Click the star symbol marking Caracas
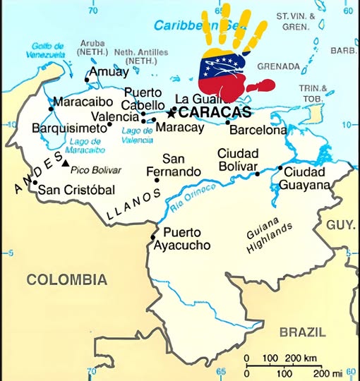(170, 112)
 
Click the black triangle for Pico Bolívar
(66, 164)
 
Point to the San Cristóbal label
(76, 189)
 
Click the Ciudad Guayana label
(304, 179)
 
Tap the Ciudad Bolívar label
(237, 159)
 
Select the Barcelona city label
(258, 130)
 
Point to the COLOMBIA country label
(67, 280)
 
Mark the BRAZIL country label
(302, 332)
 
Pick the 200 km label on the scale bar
(295, 359)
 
